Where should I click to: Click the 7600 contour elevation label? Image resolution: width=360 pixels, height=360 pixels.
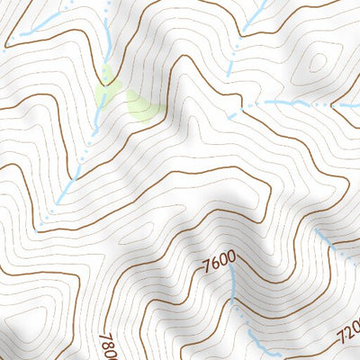coord(220,263)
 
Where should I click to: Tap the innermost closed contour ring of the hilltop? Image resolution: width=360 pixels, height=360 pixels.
coord(317,61)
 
